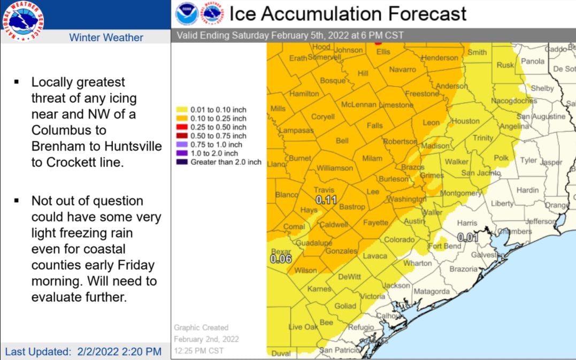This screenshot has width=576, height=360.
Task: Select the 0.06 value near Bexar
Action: [280, 259]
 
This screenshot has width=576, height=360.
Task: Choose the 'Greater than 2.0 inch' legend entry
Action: [225, 162]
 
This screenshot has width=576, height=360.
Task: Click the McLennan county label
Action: [358, 105]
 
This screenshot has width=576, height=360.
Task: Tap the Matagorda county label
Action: [432, 292]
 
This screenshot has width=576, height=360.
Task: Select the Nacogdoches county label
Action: [513, 101]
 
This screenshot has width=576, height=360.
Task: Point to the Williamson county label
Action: [335, 168]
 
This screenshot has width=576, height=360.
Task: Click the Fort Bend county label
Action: [444, 246]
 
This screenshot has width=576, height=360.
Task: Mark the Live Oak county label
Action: [303, 327]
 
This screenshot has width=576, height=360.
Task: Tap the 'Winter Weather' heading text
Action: [106, 37]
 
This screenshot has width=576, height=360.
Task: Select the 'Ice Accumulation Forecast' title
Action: [348, 13]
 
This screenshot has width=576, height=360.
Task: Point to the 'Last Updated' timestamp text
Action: [83, 351]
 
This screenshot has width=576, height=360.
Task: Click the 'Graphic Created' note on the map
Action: [201, 327]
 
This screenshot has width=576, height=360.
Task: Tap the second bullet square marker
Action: [17, 201]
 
